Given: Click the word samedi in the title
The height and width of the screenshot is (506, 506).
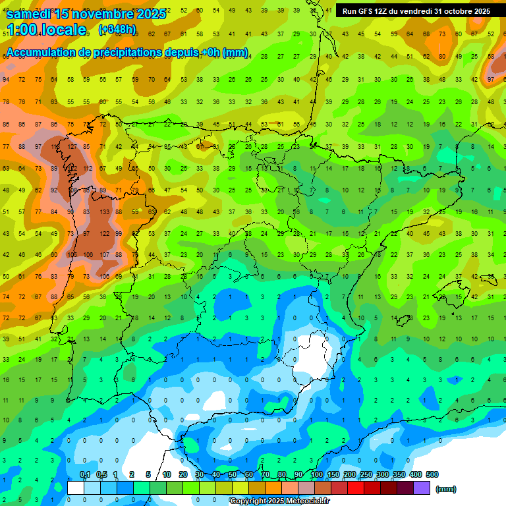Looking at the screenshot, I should tap(32, 14).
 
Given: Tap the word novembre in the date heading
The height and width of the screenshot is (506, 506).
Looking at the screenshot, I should tap(102, 14).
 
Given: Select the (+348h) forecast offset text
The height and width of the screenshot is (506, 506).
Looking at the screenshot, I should tap(117, 30).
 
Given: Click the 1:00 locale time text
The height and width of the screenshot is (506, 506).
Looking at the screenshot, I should tap(46, 30).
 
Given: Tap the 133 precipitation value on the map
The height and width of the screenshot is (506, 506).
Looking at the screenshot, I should tap(103, 212).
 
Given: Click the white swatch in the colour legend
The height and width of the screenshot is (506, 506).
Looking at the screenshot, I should tap(76, 488).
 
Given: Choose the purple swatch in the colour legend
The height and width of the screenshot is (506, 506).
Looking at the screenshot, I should tap(422, 488).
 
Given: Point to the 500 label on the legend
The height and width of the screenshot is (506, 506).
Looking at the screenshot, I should tap(432, 474).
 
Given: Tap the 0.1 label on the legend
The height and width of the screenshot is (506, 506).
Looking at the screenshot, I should tap(84, 474).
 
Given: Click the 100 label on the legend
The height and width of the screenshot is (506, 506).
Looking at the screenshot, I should tap(316, 474).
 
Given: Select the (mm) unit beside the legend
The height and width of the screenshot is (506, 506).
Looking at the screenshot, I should tap(446, 489).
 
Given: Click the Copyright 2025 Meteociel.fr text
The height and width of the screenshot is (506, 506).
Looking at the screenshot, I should tap(279, 501).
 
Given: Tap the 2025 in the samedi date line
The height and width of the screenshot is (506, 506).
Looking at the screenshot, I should tap(152, 14).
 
